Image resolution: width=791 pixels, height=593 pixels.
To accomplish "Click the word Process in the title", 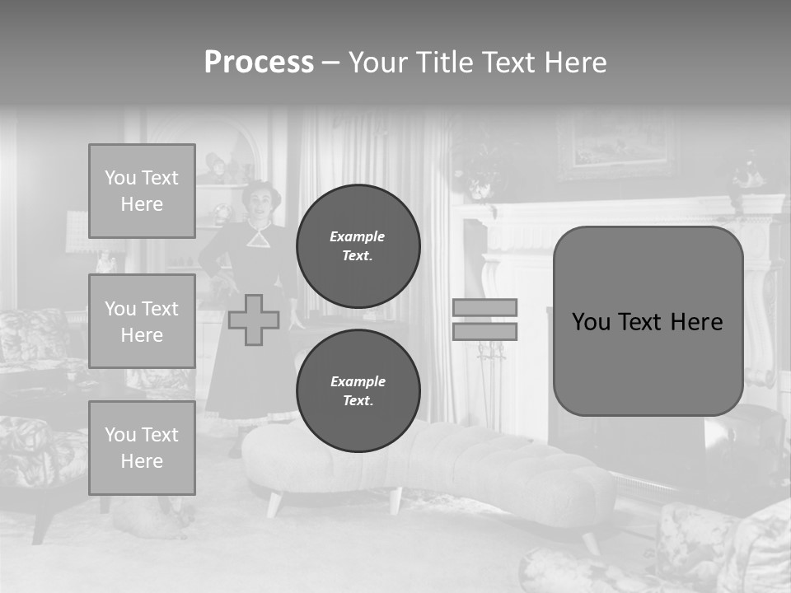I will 259,63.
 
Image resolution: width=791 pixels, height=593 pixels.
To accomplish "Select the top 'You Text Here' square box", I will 142,191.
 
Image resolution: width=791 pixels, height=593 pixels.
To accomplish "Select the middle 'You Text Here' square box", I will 142,321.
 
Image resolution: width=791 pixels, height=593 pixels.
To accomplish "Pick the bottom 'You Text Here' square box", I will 142,448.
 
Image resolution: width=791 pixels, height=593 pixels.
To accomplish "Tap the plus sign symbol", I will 253,320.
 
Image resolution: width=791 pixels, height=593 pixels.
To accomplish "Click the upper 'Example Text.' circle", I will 358,246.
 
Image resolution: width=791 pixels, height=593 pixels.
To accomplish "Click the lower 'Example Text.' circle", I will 358,391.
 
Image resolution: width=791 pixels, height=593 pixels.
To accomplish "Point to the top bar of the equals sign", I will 484,308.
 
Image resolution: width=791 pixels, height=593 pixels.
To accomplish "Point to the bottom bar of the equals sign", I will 484,332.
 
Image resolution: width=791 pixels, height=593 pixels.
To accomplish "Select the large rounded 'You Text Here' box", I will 648,321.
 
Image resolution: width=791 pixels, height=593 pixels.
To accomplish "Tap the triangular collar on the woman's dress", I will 260,236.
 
